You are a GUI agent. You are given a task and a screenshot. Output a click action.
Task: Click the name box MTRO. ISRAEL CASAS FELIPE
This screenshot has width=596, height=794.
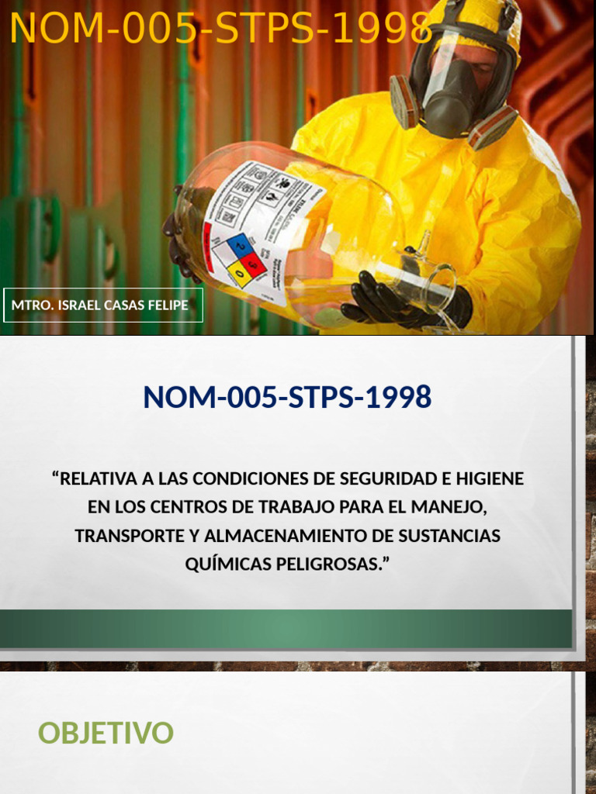(101, 305)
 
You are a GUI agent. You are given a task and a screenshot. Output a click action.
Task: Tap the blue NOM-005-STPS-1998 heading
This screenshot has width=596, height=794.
(287, 397)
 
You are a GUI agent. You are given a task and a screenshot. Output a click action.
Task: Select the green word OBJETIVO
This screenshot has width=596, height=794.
(106, 733)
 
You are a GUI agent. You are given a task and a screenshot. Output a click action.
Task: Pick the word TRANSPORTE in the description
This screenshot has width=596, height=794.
(128, 536)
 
